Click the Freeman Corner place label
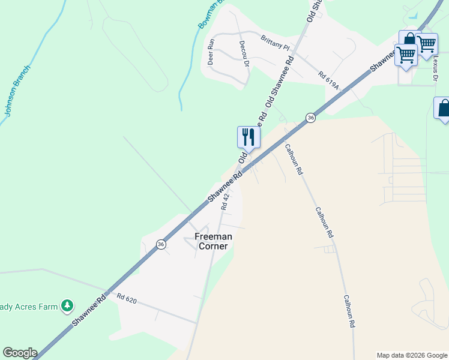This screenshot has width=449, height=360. point(213,241)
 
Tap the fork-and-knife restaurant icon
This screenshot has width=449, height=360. point(248,137)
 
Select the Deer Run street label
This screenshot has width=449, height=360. point(211,52)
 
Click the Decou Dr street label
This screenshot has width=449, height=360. point(244,53)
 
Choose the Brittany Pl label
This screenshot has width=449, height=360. point(275,42)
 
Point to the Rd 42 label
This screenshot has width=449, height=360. point(226,200)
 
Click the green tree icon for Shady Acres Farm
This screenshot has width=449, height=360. point(68,307)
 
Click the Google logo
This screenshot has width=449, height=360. point(20,353)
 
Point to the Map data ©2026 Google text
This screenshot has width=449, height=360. point(411,355)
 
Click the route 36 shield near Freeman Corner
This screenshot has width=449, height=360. point(161,244)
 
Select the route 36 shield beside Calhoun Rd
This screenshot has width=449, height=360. point(310,118)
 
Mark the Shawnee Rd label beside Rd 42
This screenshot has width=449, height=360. point(224,186)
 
